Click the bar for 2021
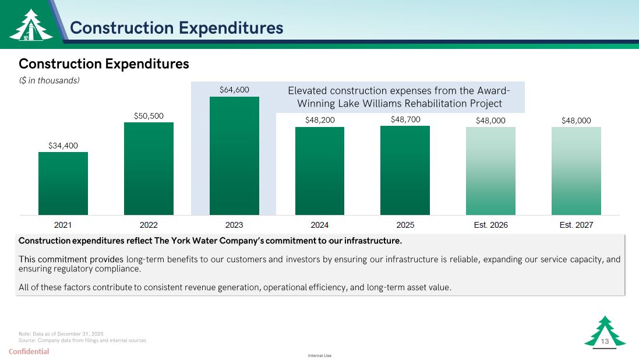click(63, 183)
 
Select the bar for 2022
click(149, 168)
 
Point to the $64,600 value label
click(234, 90)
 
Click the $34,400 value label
click(63, 145)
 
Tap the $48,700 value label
click(405, 119)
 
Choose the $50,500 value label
click(149, 115)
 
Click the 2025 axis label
click(405, 225)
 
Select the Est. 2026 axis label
click(490, 225)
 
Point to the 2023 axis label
click(234, 225)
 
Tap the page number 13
click(605, 341)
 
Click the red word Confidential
click(29, 351)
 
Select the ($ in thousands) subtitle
click(49, 80)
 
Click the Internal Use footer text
click(319, 355)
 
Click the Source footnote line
click(82, 340)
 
